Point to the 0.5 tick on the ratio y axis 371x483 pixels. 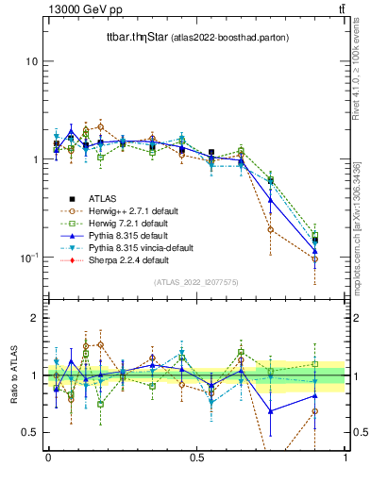click(x=29, y=432)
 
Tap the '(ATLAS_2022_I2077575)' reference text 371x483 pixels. click(x=196, y=282)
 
